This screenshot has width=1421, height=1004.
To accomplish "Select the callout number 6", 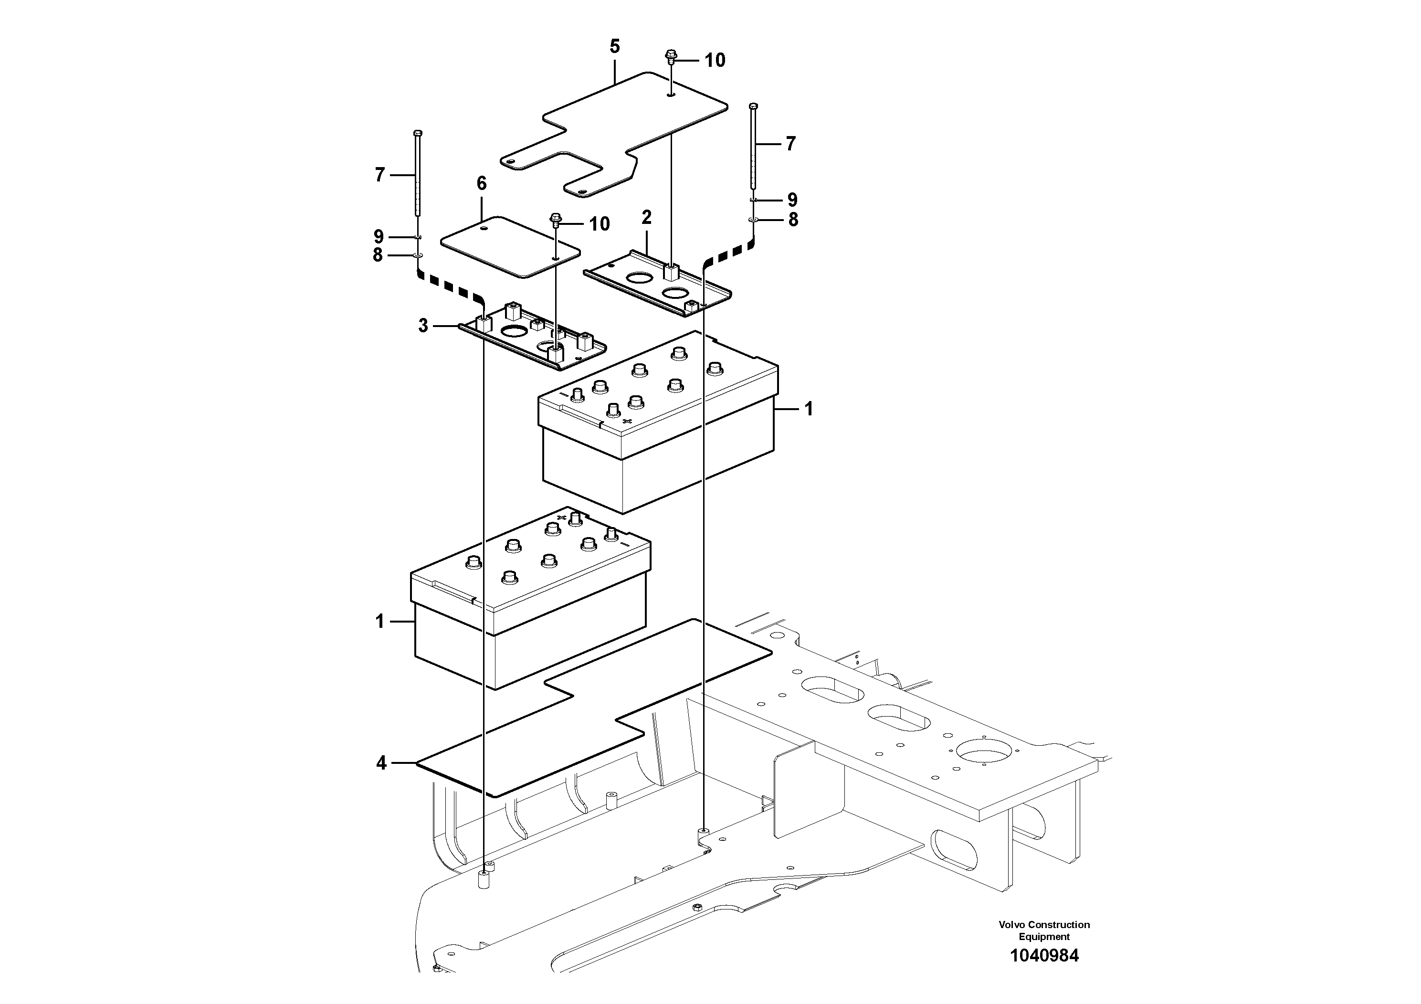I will click(482, 183).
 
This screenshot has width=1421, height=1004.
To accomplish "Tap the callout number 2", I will click(647, 217).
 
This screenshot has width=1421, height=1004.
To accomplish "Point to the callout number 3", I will click(423, 326).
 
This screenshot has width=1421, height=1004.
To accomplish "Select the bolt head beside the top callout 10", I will click(671, 56).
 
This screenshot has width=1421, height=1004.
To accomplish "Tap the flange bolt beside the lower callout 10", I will click(555, 220).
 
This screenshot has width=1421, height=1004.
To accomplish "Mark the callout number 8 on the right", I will click(793, 220).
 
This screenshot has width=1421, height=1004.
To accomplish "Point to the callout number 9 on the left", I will click(379, 236).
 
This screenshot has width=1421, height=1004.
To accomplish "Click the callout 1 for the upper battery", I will click(808, 409).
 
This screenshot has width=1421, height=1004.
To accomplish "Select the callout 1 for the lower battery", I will click(380, 621).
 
